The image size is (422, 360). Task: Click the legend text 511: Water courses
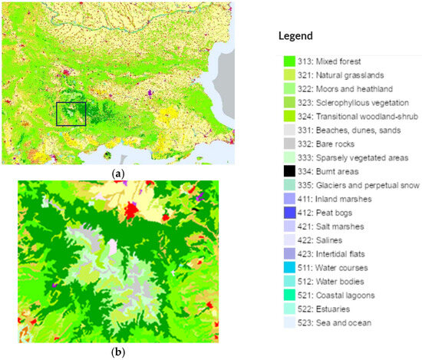pos(323,268)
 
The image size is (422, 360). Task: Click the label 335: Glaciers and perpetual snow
pos(345,185)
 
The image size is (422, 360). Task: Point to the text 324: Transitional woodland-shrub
pos(345,116)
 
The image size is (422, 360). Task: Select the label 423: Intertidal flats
pos(323,254)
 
